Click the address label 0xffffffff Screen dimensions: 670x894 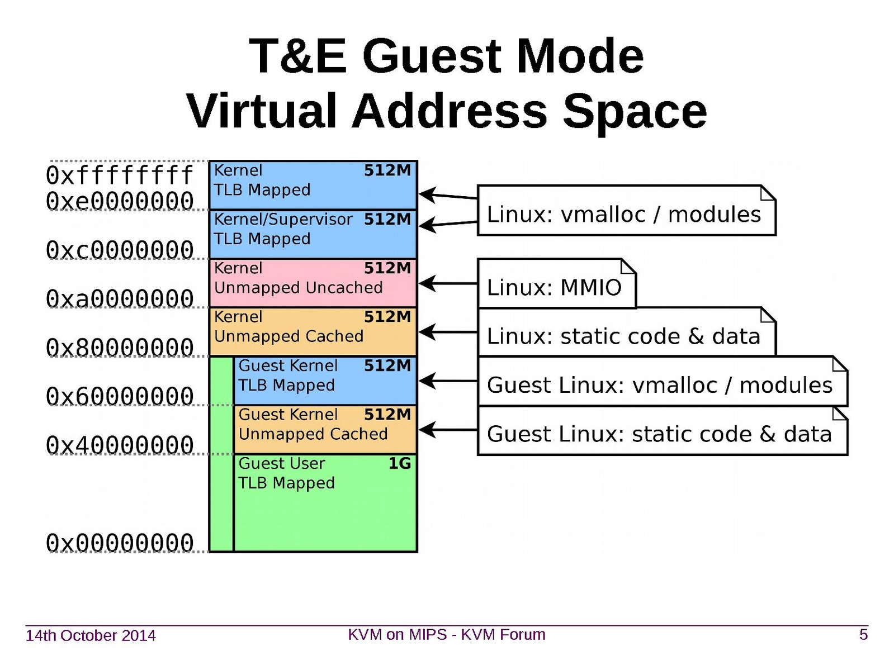click(x=120, y=175)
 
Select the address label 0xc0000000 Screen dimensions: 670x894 click(x=120, y=250)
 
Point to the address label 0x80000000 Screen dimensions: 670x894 click(x=120, y=348)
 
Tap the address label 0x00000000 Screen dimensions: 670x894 click(x=120, y=543)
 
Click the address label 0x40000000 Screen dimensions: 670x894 click(x=120, y=445)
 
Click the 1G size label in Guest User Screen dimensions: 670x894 click(x=399, y=463)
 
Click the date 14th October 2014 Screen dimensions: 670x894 click(x=91, y=635)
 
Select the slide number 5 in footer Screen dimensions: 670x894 click(x=863, y=635)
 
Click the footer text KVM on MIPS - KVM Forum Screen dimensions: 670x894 click(x=446, y=635)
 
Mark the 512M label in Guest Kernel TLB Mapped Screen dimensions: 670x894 click(x=387, y=365)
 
